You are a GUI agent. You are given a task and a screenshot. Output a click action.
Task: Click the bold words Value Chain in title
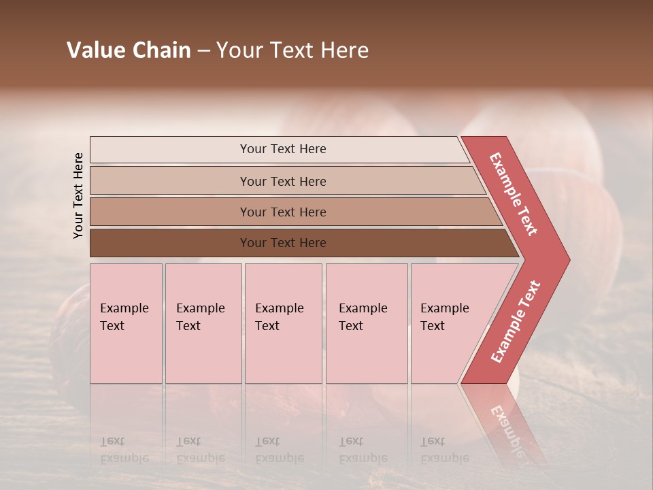point(129,50)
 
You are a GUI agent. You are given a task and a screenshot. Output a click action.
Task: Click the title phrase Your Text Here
point(292,50)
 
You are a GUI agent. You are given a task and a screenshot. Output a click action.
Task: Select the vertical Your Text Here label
point(78,195)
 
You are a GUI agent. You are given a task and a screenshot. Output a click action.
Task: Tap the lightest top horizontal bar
point(170,150)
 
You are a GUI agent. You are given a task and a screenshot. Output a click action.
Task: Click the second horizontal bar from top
point(170,181)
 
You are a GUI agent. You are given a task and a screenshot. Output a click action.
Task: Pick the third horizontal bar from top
point(170,212)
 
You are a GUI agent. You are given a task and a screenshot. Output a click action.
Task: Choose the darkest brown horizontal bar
point(170,243)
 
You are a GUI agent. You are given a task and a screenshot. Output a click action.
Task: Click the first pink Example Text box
point(126,323)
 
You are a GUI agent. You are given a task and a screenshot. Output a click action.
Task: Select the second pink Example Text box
point(203,323)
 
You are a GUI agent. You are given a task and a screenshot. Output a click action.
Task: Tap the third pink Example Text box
point(283,323)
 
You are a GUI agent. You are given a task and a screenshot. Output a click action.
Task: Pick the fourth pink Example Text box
point(367,323)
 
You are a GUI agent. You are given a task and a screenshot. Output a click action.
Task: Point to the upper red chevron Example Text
point(514,194)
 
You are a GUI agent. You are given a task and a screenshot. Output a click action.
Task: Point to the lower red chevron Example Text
point(516,322)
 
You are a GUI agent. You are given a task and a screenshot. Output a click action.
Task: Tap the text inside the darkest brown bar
point(283,243)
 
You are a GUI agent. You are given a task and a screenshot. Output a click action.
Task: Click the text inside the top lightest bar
point(283,149)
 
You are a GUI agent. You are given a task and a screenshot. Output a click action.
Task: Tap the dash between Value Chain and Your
point(203,51)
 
